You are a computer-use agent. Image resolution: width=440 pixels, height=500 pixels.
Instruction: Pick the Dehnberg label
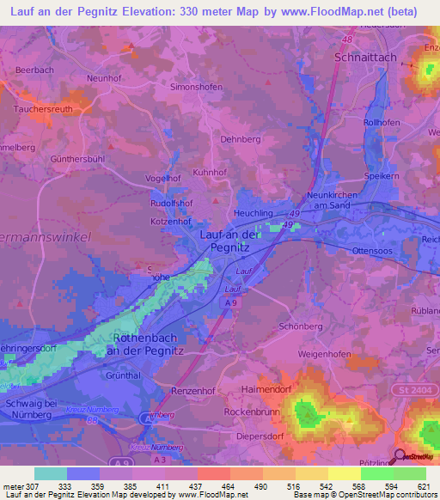coord(240,138)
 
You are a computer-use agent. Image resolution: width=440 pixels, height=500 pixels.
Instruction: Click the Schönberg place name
coord(301,327)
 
